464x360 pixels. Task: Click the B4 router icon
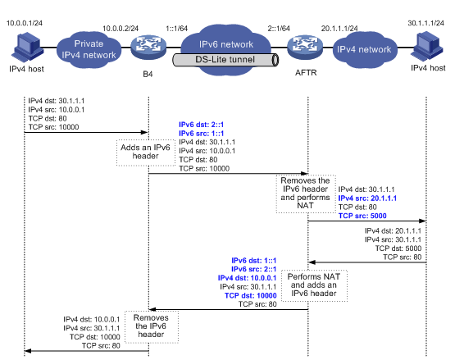(148, 47)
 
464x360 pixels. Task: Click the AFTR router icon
(305, 47)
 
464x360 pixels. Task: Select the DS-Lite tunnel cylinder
(225, 60)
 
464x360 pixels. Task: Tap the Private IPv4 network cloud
(89, 49)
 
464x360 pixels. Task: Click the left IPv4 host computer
(27, 48)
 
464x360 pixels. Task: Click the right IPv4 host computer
(426, 47)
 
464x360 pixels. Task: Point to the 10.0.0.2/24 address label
(121, 29)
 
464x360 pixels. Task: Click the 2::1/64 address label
(279, 29)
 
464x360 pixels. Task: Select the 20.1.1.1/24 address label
(339, 29)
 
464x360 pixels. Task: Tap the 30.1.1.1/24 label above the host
(425, 23)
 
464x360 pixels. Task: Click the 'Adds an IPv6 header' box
(146, 153)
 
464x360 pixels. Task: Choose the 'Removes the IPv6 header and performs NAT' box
(306, 194)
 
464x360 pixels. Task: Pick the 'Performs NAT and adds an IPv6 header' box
(314, 285)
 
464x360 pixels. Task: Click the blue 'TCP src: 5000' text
(362, 216)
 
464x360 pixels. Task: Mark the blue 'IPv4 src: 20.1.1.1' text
(367, 198)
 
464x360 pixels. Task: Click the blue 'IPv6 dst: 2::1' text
(201, 125)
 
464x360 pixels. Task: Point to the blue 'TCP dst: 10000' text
(250, 295)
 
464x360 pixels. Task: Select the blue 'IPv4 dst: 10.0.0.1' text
(247, 278)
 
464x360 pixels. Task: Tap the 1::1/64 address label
(176, 29)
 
